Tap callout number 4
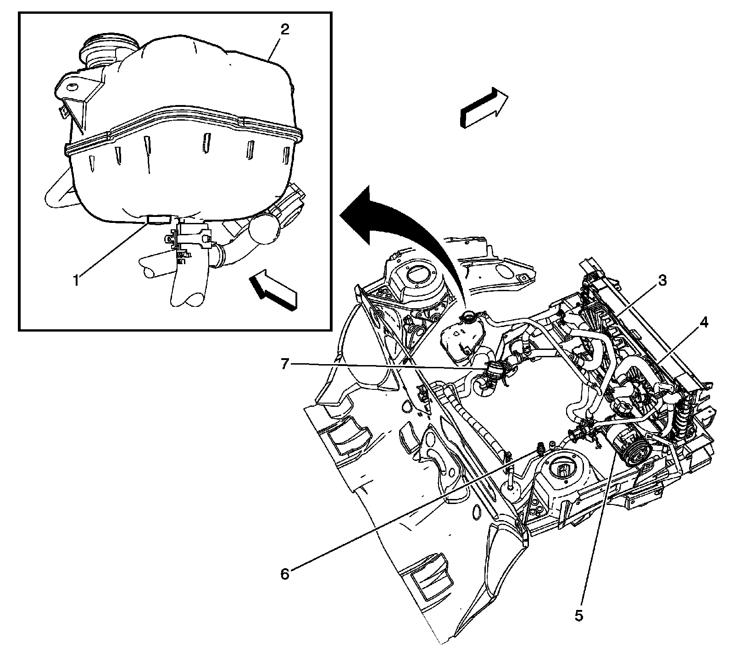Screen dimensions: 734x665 coord(704,322)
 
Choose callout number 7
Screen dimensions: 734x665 coord(285,364)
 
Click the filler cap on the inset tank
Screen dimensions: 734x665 coord(110,50)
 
